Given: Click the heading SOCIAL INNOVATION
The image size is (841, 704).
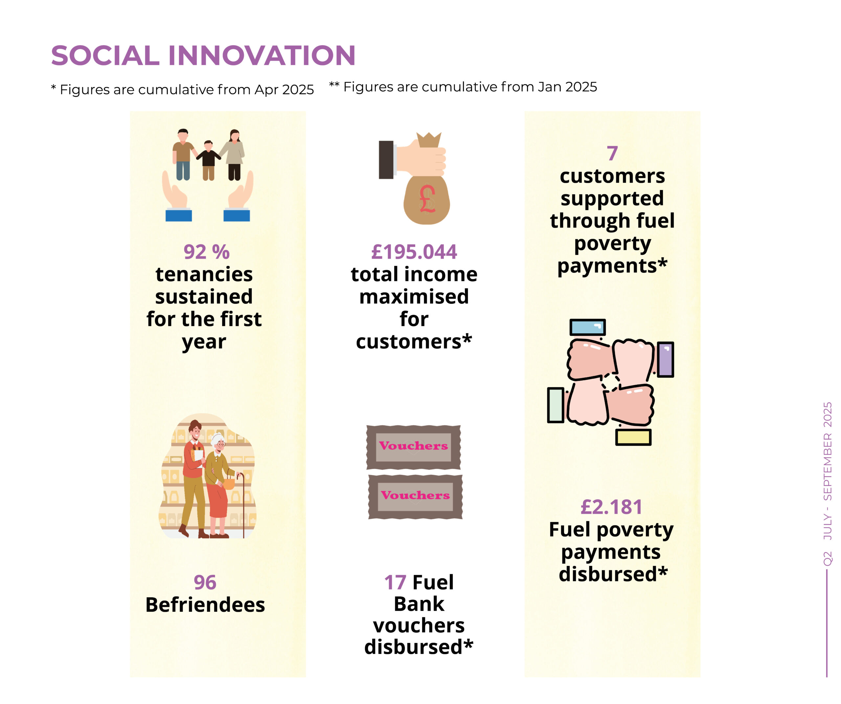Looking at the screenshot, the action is [203, 55].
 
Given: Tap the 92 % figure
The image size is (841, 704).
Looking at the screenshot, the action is [206, 252].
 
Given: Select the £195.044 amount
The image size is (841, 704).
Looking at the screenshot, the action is [414, 252].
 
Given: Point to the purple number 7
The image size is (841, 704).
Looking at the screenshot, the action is [612, 153].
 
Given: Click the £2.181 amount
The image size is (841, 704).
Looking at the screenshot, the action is [611, 507].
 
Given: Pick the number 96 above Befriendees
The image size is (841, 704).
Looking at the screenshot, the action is [205, 582].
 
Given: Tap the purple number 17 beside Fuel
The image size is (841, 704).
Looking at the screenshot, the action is [395, 582].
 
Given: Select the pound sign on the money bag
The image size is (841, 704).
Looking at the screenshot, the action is [427, 199].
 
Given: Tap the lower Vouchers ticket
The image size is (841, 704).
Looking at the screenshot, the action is [415, 497].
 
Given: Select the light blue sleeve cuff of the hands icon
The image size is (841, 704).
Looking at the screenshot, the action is [587, 327].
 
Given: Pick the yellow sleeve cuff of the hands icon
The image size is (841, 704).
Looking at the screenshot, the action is [633, 437].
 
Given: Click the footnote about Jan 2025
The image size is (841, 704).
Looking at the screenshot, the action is [463, 87].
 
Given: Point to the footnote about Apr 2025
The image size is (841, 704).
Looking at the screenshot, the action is [182, 90].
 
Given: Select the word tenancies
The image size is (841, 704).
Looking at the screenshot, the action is [204, 274].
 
